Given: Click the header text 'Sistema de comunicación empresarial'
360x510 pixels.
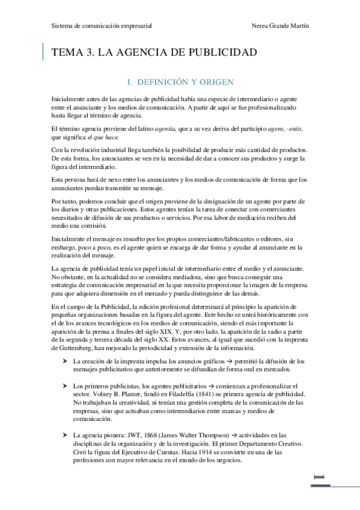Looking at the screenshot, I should pos(101,26).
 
